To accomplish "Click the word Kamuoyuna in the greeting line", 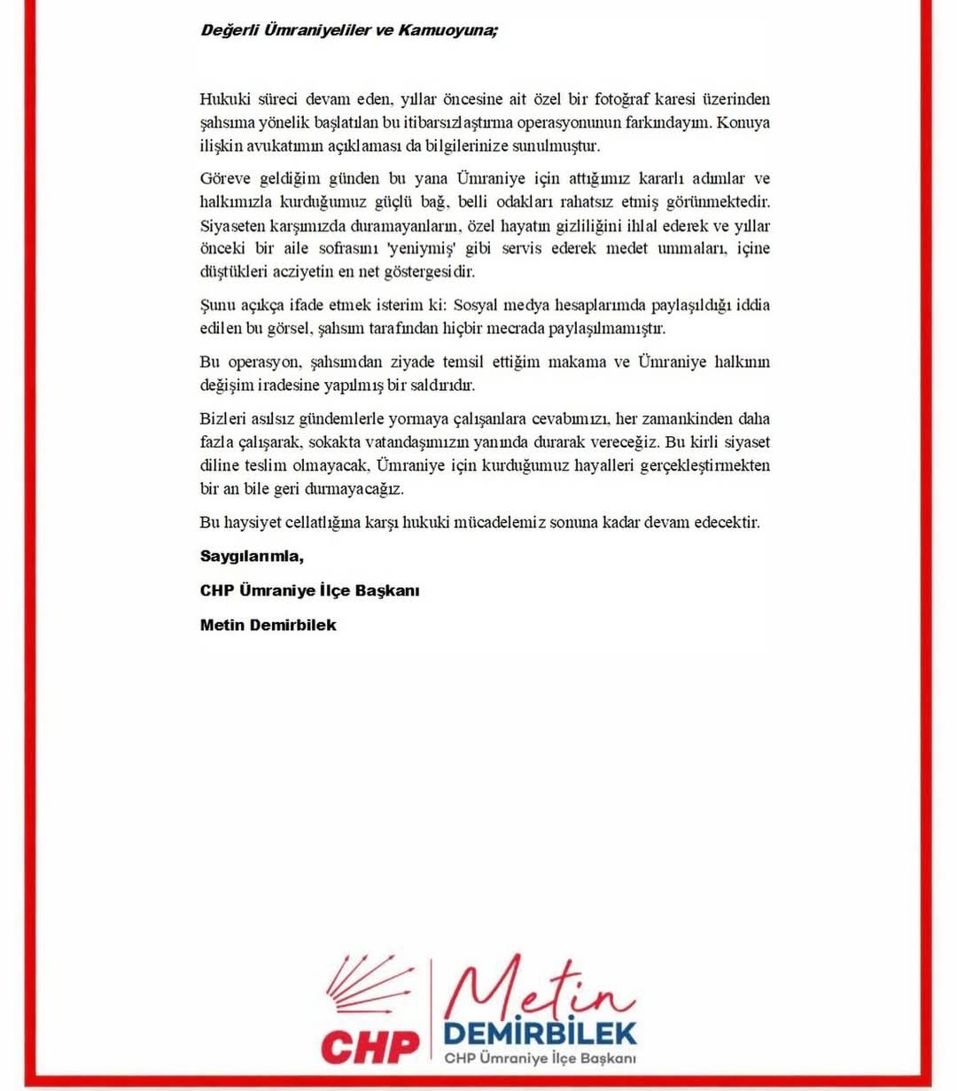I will [447, 30].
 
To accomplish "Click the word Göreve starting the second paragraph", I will [227, 178].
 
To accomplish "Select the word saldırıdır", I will [440, 385].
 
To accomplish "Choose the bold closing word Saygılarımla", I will [252, 557].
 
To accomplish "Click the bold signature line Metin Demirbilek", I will [268, 625].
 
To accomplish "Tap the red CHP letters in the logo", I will [370, 1047].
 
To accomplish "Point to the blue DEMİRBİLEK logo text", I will [540, 1033].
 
